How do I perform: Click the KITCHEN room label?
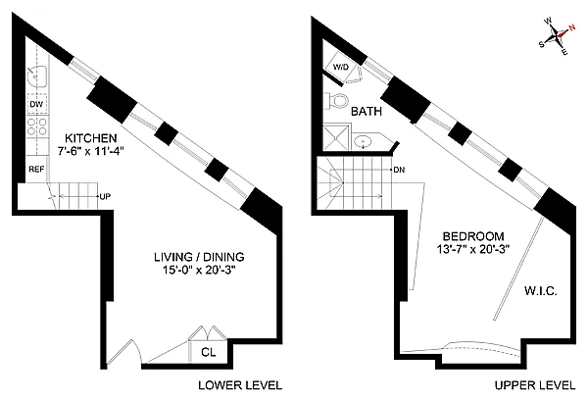pos(91,138)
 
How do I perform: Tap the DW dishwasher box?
pos(37,104)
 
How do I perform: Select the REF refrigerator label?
pos(36,170)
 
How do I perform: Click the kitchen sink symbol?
pos(37,76)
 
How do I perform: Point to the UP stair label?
pos(106,196)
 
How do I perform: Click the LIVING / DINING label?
pos(199,257)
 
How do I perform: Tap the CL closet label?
pos(209,352)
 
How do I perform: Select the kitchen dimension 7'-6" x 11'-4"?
pos(91,151)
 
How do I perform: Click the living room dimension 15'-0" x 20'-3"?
pos(199,270)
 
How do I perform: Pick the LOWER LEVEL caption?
pos(240,385)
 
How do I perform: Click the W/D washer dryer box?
pos(341,67)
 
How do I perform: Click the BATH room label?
pos(367,112)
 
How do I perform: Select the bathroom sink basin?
pos(363,142)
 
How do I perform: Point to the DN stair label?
pos(399,170)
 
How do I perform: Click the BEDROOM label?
pos(473,236)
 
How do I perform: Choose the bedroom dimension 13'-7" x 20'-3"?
pos(473,249)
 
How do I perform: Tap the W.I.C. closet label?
pos(540,291)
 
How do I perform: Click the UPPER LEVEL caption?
pos(535,385)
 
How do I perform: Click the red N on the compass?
pos(571,27)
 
